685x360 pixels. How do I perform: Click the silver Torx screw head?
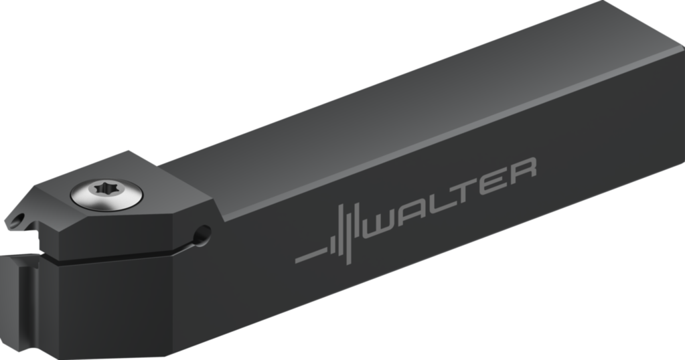106,194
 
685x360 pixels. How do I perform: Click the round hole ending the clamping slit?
201,235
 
